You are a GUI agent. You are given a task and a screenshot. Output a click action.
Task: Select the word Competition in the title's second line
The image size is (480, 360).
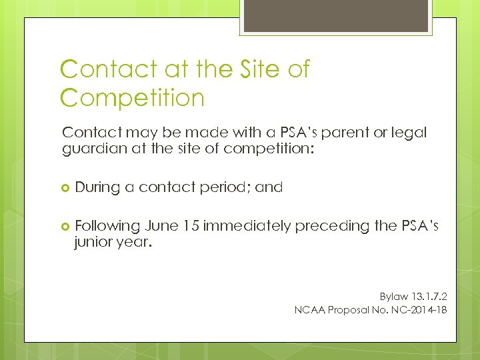click(132, 98)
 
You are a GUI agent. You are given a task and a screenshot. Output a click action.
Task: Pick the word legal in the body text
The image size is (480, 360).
click(406, 133)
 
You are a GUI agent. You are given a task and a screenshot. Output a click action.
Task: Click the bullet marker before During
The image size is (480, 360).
click(65, 188)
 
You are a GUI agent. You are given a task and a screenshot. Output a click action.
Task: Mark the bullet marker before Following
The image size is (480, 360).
click(65, 227)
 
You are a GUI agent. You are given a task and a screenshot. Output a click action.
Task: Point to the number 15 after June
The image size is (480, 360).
click(191, 226)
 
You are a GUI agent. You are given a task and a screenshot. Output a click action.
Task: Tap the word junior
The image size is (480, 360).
click(95, 243)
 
